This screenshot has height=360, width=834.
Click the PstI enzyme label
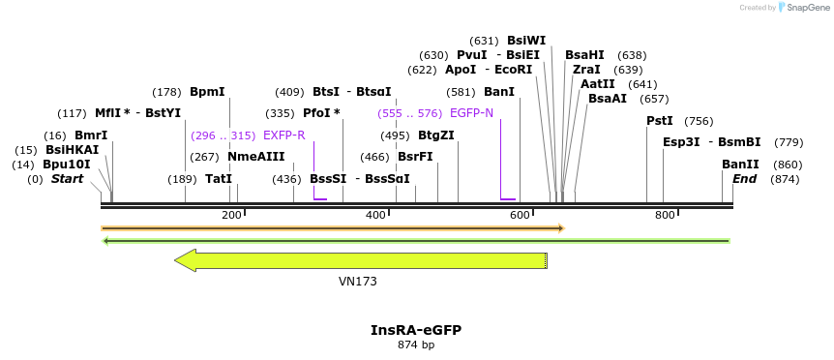tap(660, 121)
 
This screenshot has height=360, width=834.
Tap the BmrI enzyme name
tap(91, 135)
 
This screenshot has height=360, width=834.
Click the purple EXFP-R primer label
tap(284, 135)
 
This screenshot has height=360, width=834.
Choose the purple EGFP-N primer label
tap(471, 113)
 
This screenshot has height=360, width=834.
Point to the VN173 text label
tap(358, 282)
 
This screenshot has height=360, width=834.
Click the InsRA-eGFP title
tap(416, 330)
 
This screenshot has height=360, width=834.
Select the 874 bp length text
tap(416, 345)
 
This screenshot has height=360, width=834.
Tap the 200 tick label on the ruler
tap(231, 215)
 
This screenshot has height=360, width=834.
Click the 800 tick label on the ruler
tap(665, 215)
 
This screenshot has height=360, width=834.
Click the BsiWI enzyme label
tap(526, 41)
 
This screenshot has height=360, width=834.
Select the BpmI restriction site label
tap(207, 92)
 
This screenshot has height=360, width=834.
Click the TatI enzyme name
tap(219, 179)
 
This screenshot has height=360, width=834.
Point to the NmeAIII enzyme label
tap(256, 157)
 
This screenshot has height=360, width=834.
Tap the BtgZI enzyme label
tap(436, 135)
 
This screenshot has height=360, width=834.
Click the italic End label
tap(745, 179)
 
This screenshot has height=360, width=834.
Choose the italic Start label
tap(68, 179)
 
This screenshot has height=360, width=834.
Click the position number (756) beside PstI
tap(699, 121)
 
